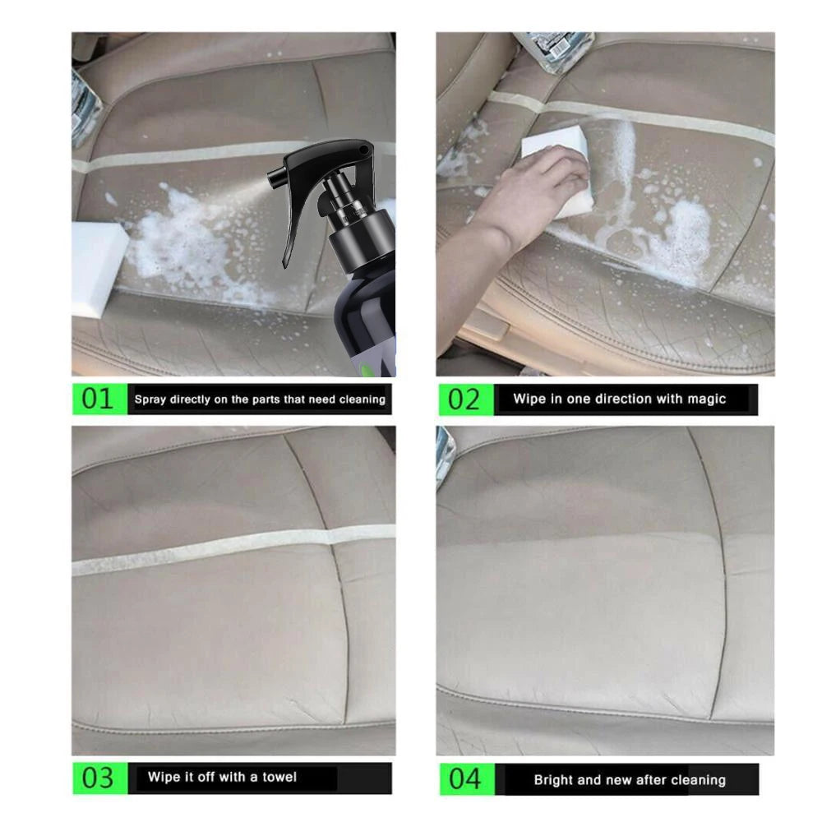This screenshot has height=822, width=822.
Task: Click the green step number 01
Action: tap(98, 399)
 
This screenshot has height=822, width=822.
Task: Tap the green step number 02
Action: tap(464, 399)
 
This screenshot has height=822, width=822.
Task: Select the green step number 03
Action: tap(98, 778)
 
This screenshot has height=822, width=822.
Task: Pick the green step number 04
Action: tap(464, 778)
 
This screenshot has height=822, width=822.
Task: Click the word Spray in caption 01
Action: tap(150, 399)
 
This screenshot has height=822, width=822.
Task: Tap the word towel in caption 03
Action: tap(279, 777)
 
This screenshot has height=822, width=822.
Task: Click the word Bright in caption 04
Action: tap(553, 779)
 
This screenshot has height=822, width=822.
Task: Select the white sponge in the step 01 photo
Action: tap(97, 267)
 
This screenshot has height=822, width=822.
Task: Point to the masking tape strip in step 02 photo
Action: tap(658, 119)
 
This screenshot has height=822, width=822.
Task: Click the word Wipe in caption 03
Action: tap(163, 777)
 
